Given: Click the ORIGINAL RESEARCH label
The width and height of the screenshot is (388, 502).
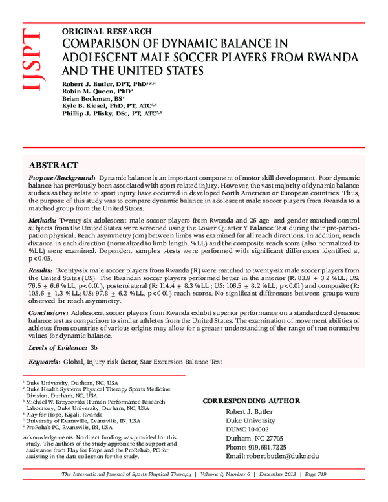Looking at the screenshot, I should point(106,32).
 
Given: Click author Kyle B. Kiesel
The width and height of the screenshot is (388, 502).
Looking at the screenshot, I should point(88,105).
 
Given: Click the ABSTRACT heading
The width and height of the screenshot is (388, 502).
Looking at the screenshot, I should point(54,166).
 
